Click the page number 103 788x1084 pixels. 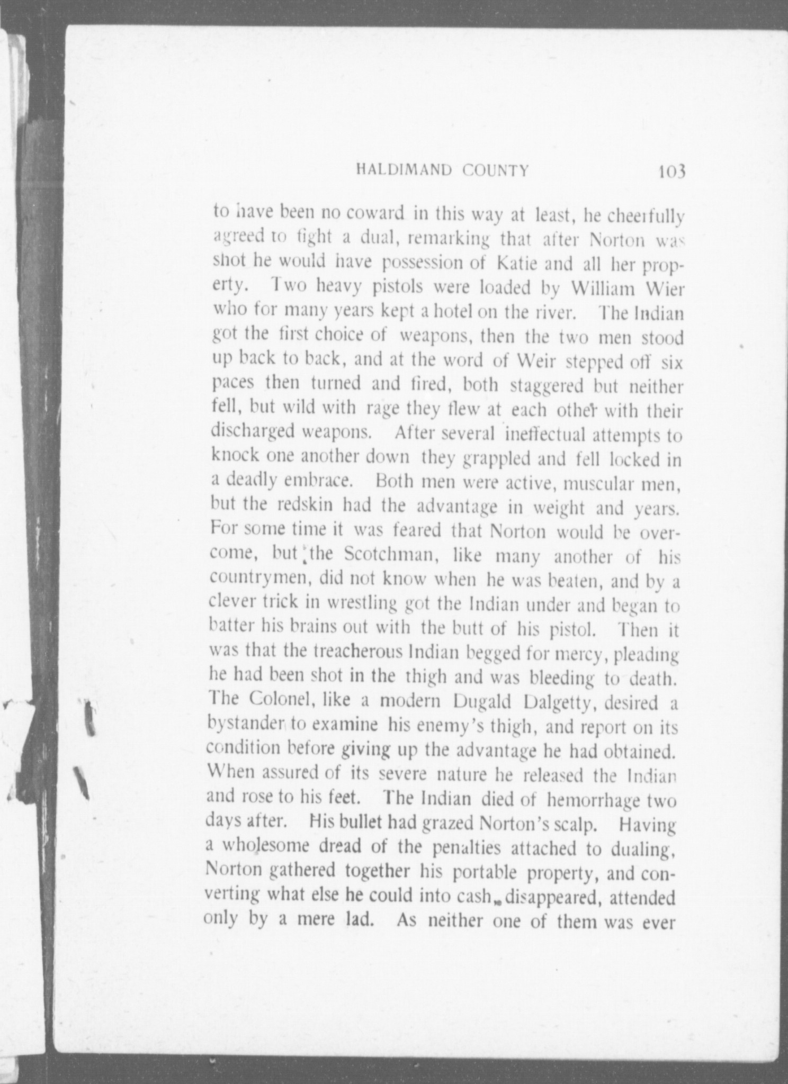[671, 171]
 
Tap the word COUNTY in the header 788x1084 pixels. [496, 170]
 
